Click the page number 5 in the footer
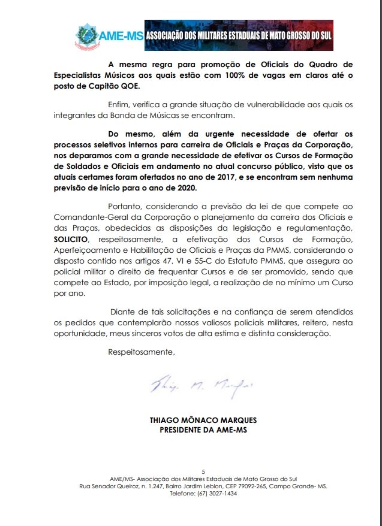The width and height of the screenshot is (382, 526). tap(203, 471)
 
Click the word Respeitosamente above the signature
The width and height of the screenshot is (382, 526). tap(142, 351)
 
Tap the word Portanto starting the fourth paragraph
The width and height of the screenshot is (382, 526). tap(127, 205)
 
